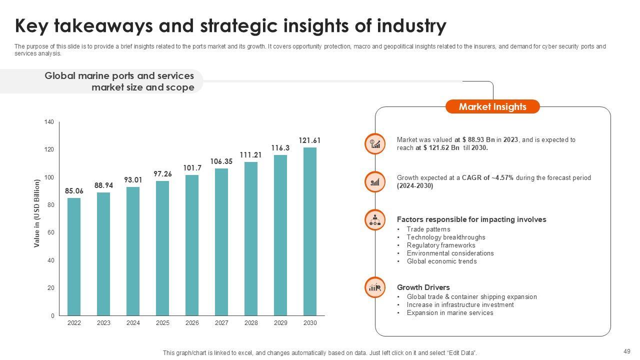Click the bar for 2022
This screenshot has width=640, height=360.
pos(74,256)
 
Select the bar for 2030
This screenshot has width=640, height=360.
pos(310,231)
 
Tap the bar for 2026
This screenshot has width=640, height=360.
pos(192,245)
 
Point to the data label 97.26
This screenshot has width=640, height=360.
pos(162,174)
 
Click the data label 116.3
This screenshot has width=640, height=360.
pos(280,148)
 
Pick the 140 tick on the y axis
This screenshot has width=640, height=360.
pos(49,122)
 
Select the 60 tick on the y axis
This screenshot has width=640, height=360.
pos(50,232)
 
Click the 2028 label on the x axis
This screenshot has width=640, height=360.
pos(251,323)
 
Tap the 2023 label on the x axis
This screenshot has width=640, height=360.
pos(103,323)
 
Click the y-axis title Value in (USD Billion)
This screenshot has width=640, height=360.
pos(37,213)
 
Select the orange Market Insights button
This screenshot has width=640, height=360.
pos(492,106)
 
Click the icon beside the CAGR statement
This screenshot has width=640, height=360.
pos(374,182)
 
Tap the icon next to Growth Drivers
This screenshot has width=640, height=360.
pos(374,287)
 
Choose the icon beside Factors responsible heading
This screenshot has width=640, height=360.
pos(374,219)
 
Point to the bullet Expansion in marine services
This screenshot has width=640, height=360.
pos(450,313)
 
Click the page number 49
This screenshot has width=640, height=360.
pos(627,351)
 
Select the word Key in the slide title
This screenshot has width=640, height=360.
pos(32,25)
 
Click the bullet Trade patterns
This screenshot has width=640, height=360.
pos(428,229)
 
